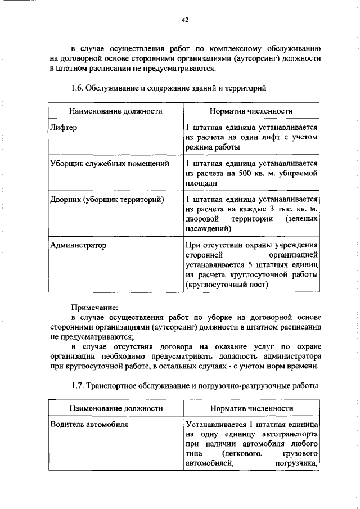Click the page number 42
coord(184,20)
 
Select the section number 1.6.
coord(79,89)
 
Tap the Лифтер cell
coord(63,128)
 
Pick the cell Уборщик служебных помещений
coord(110,164)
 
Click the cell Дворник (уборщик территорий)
coord(107,199)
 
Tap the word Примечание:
coord(94,308)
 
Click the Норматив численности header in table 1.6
coord(251,112)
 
